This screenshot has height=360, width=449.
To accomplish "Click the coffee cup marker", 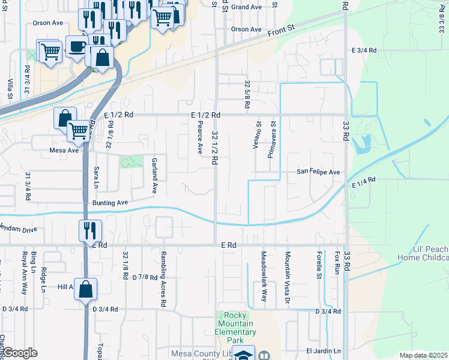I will tap(76, 46).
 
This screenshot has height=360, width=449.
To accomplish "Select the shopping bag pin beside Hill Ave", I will tap(86, 289).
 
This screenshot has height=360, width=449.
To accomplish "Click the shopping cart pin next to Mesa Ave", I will tap(79, 130).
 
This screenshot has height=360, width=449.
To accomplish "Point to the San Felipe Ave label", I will tap(318, 172).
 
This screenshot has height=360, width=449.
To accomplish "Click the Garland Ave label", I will tap(154, 175).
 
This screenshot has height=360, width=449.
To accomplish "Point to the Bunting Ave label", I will tap(110, 203).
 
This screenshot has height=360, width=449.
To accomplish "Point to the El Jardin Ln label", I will tap(324, 351).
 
